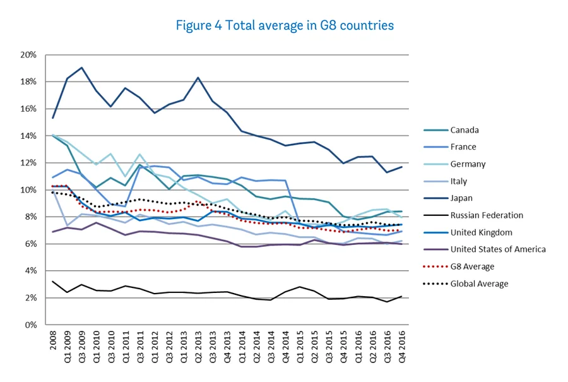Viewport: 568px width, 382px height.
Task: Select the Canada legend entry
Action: point(464,130)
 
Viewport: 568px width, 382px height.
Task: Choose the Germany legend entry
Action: point(468,164)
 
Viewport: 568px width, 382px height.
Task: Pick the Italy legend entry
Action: point(459,181)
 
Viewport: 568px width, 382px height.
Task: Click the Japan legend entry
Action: point(461,198)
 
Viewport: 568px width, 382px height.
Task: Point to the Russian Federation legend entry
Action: point(486,215)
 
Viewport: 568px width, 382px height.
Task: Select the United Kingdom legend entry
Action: point(481,232)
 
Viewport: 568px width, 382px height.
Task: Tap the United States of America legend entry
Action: point(498,249)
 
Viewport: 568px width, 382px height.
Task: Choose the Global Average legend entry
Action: point(479,284)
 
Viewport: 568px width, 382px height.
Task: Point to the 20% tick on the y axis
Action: point(29,55)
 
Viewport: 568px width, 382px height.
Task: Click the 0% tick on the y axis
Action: point(32,325)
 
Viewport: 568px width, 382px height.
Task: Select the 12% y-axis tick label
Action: point(29,163)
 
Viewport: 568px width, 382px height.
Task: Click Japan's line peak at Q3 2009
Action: point(82,68)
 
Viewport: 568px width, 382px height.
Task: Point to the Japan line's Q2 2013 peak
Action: point(198,78)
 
